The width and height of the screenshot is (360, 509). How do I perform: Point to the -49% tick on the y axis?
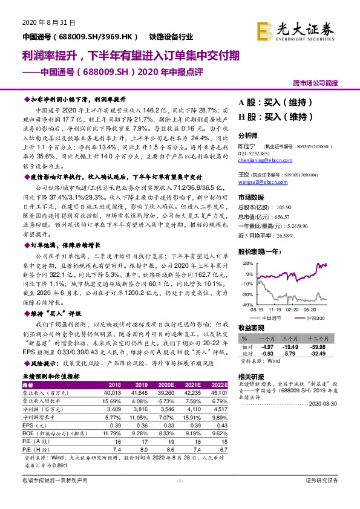click(x=247, y=305)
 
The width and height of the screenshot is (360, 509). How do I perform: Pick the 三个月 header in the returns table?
click(x=292, y=339)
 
